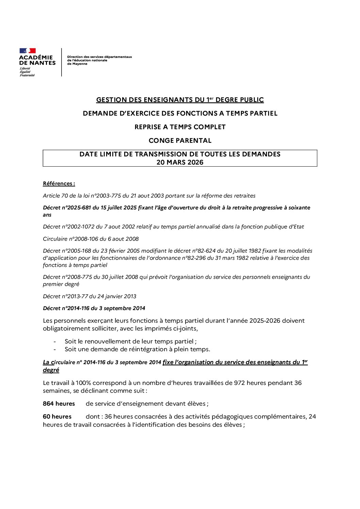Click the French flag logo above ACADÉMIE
coord(28,51)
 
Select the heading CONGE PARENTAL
coord(180,140)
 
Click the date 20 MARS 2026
coord(180,163)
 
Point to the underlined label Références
coord(59,184)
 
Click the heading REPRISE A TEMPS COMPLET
coord(180,127)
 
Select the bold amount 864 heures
coord(59,404)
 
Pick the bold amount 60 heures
coord(57,417)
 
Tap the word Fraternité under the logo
coord(27,75)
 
